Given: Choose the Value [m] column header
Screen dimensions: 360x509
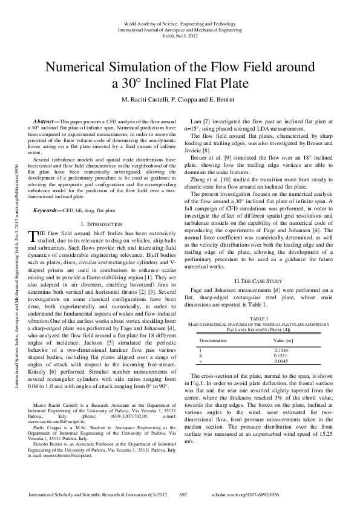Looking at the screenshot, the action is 284,341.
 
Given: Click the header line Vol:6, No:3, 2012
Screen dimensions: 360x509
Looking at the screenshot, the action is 180,36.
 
